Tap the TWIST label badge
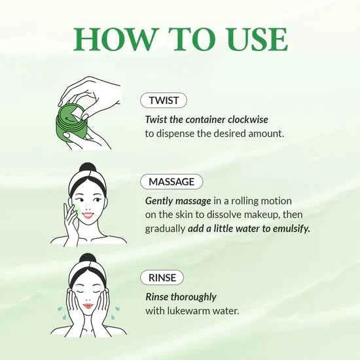click(x=164, y=100)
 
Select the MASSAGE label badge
click(x=171, y=181)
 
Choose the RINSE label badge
click(x=162, y=278)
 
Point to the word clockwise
click(x=245, y=119)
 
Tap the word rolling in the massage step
click(x=237, y=200)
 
